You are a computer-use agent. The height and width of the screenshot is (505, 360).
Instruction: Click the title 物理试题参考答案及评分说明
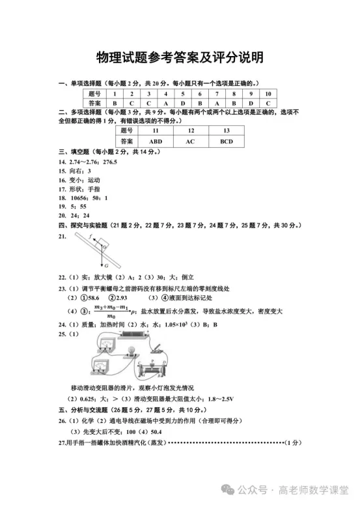(x=180, y=57)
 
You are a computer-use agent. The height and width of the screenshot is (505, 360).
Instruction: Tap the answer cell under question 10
(x=268, y=103)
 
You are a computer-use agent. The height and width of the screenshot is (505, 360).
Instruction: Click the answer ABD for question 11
(x=155, y=141)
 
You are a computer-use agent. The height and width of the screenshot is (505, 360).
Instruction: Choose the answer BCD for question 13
(x=226, y=141)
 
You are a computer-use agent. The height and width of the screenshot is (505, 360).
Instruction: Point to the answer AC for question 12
(x=190, y=141)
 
